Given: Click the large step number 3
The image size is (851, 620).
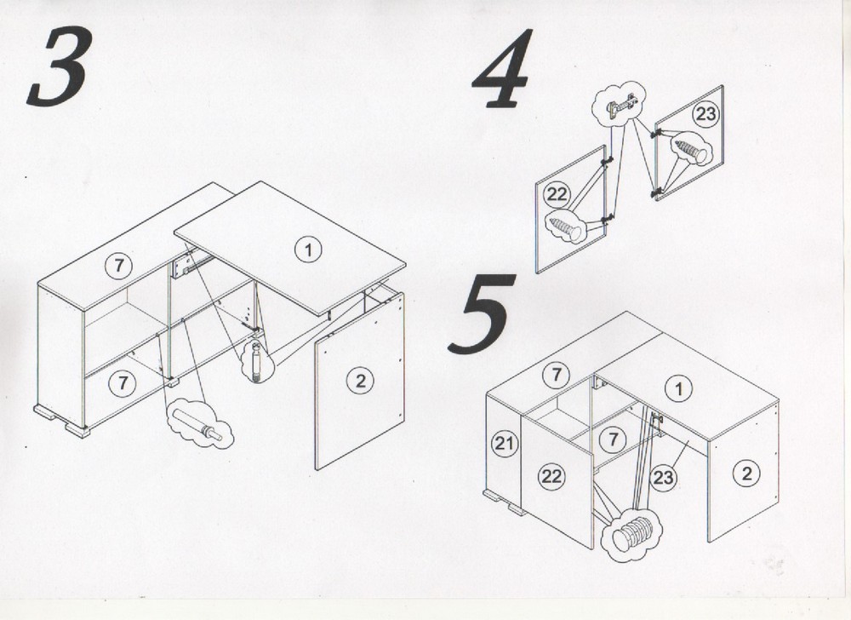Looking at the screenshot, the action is pos(60,66).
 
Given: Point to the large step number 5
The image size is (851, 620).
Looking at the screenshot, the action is pos(481,313).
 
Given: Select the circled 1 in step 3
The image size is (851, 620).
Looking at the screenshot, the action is pos(308,250).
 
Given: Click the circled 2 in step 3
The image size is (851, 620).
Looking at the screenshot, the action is pos(360,381).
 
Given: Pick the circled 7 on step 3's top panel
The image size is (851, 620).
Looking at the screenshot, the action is pos(119,266).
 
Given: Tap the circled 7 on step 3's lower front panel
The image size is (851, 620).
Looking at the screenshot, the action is pos(122,383).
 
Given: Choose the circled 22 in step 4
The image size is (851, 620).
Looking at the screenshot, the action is pos(557,194).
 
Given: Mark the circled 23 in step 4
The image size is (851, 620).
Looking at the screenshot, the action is pos(705,115).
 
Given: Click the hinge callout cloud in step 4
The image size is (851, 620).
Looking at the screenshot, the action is pos(620,104).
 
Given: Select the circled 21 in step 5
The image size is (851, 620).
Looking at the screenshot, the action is pos(505,444).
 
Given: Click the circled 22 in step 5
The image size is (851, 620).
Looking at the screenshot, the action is pos(551,476).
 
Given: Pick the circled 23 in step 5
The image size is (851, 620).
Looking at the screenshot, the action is pos(663,478).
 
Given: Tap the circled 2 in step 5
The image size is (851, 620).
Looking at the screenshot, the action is pos(746,474).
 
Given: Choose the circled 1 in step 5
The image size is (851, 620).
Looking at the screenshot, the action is pos(678,388).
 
